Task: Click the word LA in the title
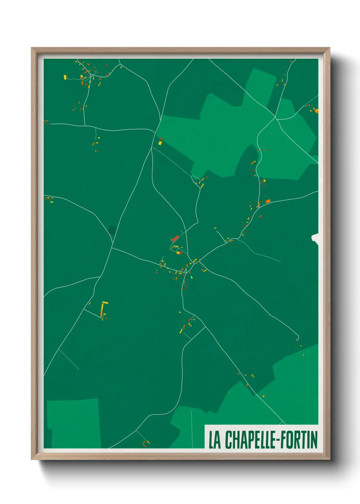click(x=214, y=440)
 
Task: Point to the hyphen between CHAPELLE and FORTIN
click(x=277, y=440)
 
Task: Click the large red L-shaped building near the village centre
click(x=175, y=238)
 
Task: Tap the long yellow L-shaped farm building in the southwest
click(x=103, y=308)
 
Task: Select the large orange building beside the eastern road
click(x=268, y=201)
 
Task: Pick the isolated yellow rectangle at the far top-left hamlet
click(x=65, y=78)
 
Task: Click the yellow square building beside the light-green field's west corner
click(x=160, y=143)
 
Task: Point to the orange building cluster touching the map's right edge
click(x=315, y=110)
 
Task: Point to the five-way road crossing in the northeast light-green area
click(x=275, y=118)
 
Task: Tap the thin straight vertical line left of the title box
click(x=192, y=429)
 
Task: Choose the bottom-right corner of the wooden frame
click(x=329, y=459)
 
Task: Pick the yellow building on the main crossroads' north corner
click(x=195, y=261)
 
